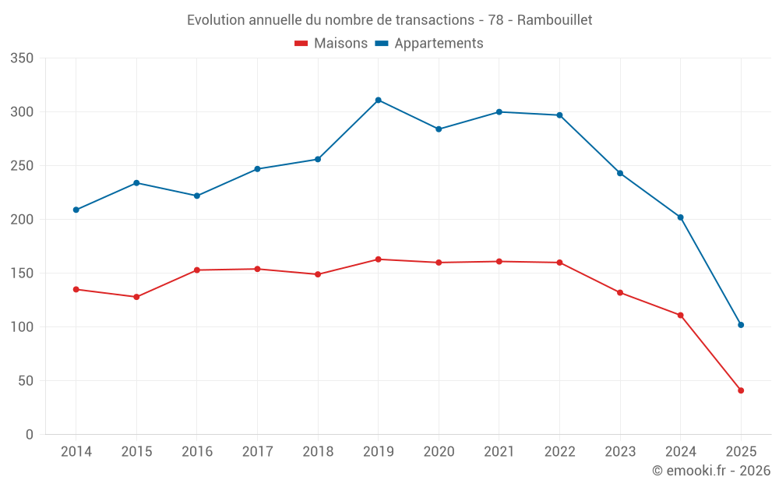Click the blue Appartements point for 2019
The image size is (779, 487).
point(378,100)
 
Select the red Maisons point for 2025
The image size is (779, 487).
point(741,390)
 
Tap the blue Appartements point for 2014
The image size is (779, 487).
point(76,210)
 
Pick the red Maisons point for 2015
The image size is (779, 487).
point(136,297)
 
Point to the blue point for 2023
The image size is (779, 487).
point(620,173)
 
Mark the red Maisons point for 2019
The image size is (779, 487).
point(378,259)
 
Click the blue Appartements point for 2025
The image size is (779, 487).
point(741,325)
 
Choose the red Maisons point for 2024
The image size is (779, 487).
point(681,316)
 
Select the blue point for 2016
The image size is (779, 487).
point(197,196)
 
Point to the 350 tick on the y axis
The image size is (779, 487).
point(23,58)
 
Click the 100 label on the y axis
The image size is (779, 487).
point(23,327)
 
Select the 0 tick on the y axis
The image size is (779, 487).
point(29,435)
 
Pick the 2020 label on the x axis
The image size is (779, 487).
point(439,452)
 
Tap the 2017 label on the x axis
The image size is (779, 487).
point(257,452)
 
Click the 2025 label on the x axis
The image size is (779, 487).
point(741,452)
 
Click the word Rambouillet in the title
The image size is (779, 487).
point(554,20)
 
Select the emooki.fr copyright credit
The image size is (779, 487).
point(710,471)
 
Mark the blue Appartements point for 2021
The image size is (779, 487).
point(499,112)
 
